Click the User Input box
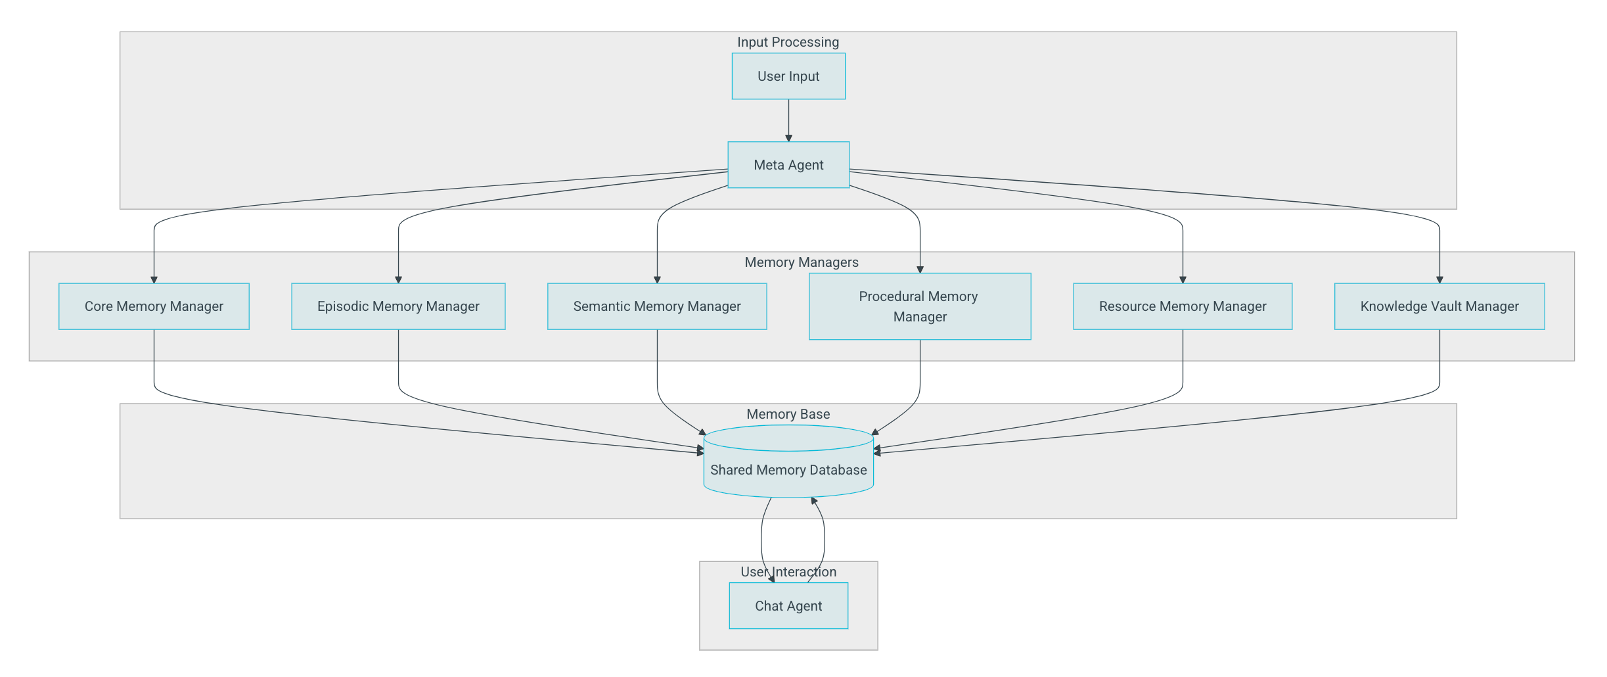click(788, 76)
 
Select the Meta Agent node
click(788, 165)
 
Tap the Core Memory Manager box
click(154, 306)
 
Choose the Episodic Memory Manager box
click(398, 306)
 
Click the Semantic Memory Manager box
click(657, 306)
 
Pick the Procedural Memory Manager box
click(920, 306)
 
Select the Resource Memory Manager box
click(1183, 306)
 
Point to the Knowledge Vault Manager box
click(1439, 306)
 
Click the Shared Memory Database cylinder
click(788, 469)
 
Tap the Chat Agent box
click(788, 606)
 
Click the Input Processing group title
click(788, 42)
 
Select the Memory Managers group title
click(801, 262)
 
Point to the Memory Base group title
click(788, 414)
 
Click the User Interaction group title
click(788, 572)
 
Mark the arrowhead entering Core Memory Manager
click(154, 279)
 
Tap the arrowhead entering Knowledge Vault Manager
click(1439, 279)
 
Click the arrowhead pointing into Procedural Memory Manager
click(920, 269)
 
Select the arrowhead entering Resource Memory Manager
click(1183, 279)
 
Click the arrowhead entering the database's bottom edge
click(814, 501)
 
